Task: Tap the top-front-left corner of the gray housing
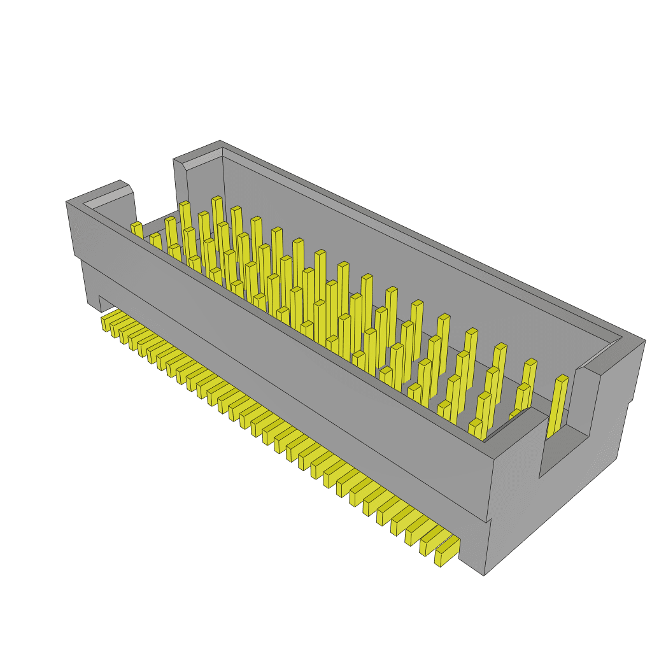(x=67, y=202)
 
